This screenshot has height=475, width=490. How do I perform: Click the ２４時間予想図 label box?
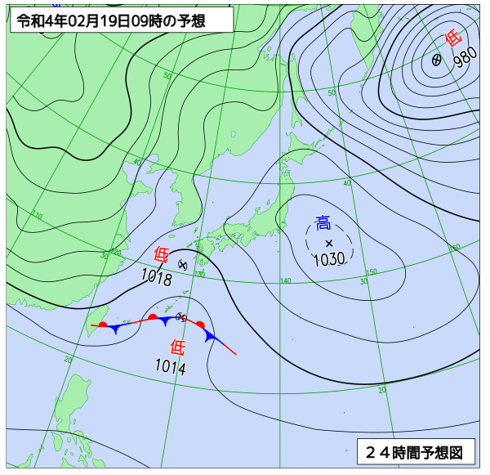415,451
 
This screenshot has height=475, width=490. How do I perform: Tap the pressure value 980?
465,58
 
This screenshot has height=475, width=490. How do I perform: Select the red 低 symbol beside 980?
453,38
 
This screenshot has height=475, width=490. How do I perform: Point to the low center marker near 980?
437,60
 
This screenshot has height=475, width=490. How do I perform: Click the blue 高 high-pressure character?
323,222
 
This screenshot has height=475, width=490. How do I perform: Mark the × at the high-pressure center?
329,244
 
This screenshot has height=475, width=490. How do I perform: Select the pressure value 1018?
156,280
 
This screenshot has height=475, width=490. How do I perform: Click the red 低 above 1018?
162,254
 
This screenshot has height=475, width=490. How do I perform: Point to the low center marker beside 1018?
183,265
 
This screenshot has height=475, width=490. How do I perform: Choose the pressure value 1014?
171,368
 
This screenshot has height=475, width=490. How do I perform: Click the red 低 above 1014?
178,346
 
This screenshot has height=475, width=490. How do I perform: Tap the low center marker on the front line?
181,317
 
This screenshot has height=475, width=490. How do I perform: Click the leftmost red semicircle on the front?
103,325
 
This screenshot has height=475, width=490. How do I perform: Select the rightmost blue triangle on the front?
210,336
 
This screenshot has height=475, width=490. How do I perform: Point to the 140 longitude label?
285,281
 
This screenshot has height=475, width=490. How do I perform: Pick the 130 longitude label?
200,274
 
